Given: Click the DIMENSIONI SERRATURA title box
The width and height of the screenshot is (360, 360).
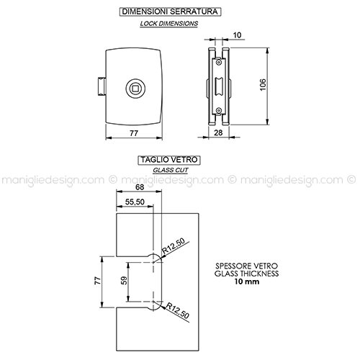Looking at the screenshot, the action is [x=170, y=12].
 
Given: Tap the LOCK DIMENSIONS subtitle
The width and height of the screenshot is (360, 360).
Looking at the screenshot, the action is [x=169, y=24].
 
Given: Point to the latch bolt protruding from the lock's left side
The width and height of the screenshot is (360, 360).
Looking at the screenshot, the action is [x=101, y=86].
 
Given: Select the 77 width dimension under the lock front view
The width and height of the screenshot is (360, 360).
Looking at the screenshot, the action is [x=134, y=133].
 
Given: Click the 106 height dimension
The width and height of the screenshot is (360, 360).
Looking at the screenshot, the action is [x=263, y=84].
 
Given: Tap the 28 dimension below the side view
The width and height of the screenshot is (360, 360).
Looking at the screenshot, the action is [x=218, y=132].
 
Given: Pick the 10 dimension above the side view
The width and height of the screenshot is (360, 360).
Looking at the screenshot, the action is [x=237, y=35].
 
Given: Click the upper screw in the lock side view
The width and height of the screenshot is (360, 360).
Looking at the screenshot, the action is [x=218, y=63].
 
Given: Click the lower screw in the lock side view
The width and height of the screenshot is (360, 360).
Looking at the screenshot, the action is [x=218, y=110].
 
